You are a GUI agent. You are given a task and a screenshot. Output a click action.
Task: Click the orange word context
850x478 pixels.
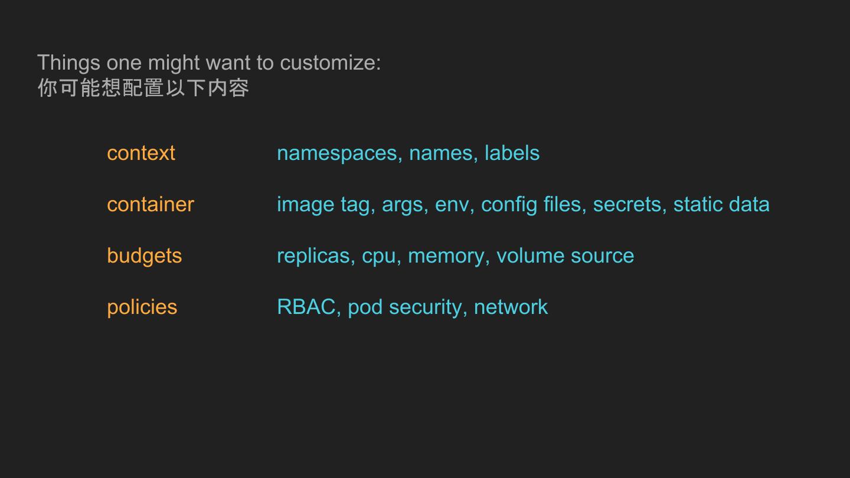[x=141, y=153]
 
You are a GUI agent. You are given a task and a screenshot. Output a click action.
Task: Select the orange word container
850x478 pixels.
[x=151, y=205]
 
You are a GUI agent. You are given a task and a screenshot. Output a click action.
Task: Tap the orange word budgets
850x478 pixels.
[x=145, y=256]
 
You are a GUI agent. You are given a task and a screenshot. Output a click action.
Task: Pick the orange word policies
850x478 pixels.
[x=142, y=307]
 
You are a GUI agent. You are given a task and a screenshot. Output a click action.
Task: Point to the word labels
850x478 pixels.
[x=512, y=153]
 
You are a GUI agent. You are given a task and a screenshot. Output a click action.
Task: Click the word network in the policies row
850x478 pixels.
[x=511, y=307]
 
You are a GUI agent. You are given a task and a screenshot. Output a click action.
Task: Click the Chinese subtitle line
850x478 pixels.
[x=143, y=88]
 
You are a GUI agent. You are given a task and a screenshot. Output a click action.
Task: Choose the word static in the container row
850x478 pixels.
[x=697, y=205]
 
